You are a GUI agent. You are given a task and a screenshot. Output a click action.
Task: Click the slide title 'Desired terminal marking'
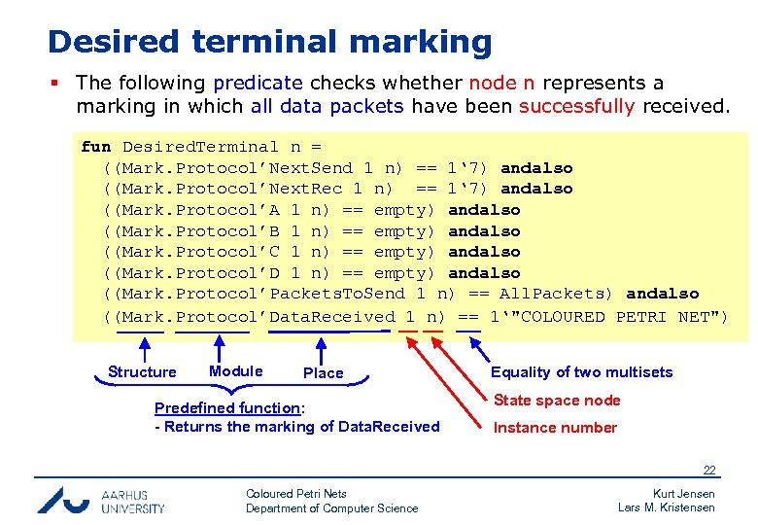(269, 42)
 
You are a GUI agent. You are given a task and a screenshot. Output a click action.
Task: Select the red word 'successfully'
(576, 106)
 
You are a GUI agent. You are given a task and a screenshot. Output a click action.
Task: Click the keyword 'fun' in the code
(95, 147)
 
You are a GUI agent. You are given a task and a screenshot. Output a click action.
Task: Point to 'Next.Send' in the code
(311, 168)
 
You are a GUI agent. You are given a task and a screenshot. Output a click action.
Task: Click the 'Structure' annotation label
(142, 372)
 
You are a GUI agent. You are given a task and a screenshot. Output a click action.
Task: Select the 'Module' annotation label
(235, 371)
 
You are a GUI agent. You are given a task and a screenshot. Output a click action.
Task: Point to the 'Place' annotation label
(323, 373)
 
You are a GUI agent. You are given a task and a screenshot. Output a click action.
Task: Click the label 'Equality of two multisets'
(581, 372)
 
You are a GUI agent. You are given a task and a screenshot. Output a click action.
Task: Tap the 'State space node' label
(557, 401)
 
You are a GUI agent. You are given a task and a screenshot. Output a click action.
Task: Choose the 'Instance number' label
(555, 428)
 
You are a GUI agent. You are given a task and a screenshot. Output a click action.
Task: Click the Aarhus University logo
(101, 500)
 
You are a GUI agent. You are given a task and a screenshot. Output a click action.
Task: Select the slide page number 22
(709, 471)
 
